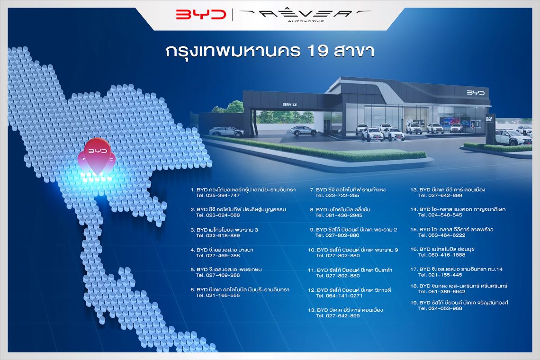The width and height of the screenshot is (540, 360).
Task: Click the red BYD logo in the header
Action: point(201,14)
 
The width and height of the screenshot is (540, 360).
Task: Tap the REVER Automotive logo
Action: point(305,15)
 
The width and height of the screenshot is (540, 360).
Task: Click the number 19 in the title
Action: point(316,51)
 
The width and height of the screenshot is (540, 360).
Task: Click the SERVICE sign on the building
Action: point(289,104)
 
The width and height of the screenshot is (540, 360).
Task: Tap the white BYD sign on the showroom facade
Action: point(476,93)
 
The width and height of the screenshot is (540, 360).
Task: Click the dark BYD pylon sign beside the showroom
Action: point(490,129)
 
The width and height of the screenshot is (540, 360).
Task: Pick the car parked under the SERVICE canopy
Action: point(304,131)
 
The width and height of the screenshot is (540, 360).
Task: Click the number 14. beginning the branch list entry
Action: point(414,209)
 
